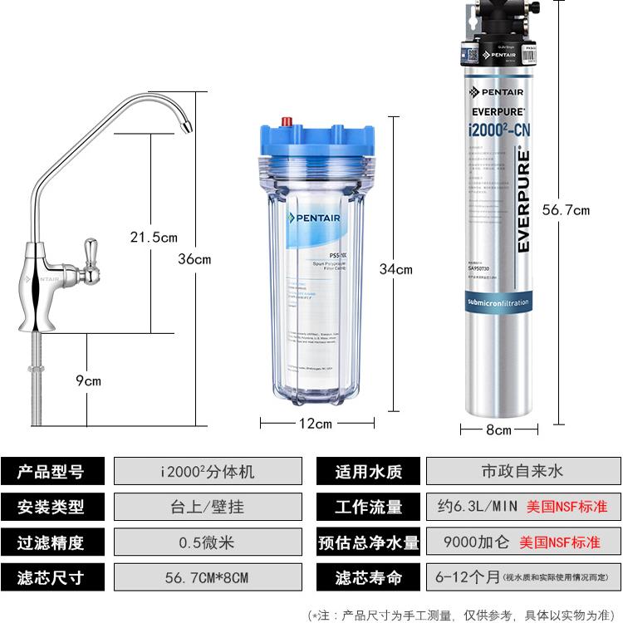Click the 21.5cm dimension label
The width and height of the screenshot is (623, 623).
pos(154,238)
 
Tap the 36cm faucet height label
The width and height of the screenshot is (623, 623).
pos(194,259)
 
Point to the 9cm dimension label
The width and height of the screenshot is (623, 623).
pos(88,380)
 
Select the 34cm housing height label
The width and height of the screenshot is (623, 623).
pos(395,268)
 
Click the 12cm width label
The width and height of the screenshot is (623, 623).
pos(315,424)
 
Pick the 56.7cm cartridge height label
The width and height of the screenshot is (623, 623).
pos(566,210)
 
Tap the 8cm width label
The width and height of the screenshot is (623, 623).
pos(498,429)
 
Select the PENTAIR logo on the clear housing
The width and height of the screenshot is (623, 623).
pos(314,218)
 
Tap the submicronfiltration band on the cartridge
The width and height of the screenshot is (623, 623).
pos(498,303)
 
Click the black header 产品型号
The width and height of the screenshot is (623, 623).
pos(52,472)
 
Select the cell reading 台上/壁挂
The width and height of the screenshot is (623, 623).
pos(208,507)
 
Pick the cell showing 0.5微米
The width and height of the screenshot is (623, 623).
pos(208,542)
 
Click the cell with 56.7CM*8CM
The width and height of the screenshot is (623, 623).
pos(208,577)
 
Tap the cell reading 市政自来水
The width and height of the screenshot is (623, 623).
pos(522,472)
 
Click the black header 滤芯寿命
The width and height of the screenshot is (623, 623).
pos(368,577)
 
